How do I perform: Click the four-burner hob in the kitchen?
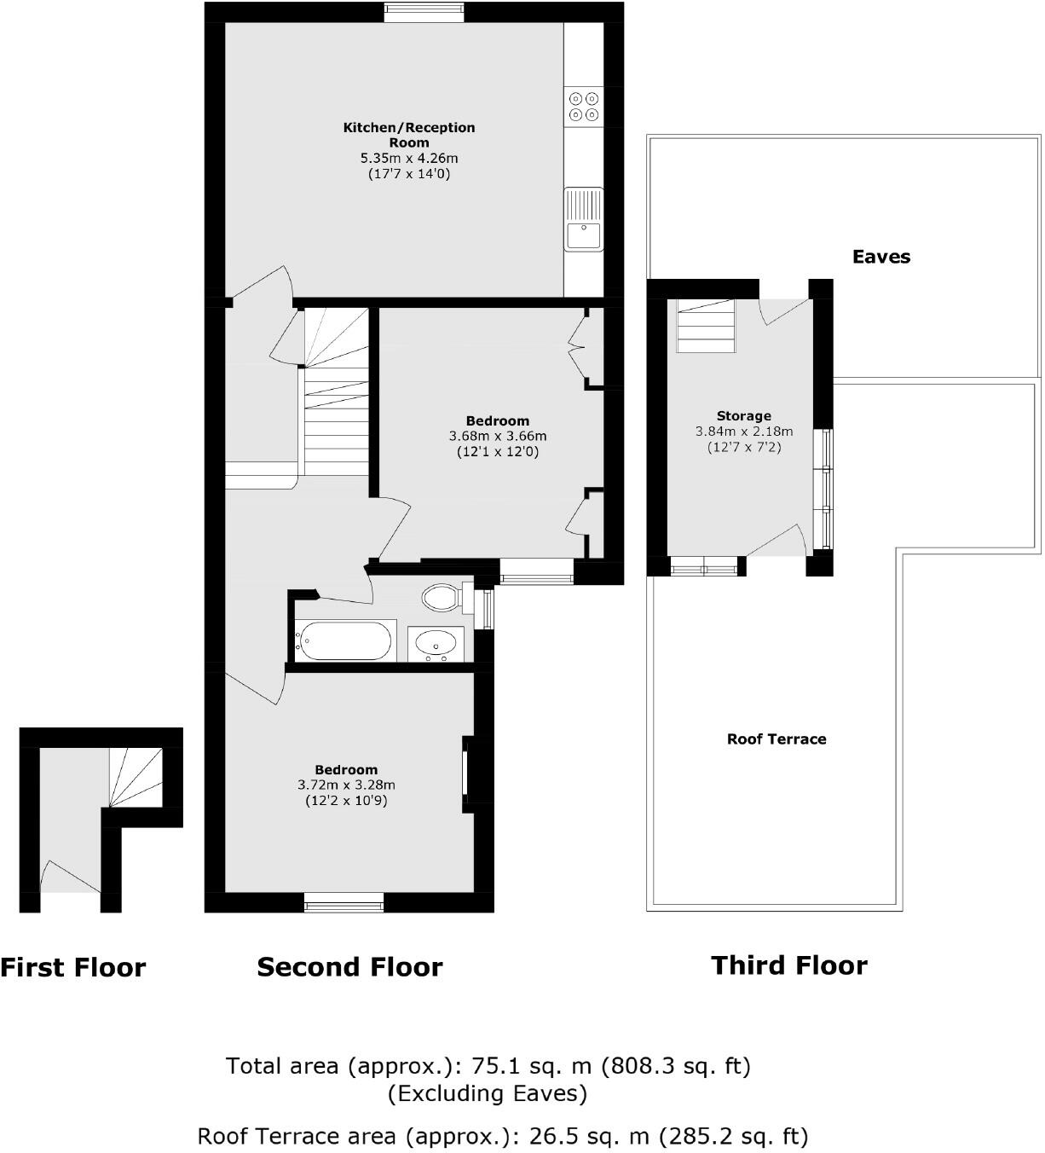tap(584, 106)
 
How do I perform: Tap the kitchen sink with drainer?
tap(583, 219)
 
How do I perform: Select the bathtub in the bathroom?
tap(344, 640)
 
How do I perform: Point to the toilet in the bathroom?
tap(443, 597)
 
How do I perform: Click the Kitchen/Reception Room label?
tap(409, 135)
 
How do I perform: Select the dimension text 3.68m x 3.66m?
tap(498, 436)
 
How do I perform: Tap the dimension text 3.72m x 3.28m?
tap(346, 785)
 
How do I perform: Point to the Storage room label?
tap(744, 416)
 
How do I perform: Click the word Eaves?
tap(881, 257)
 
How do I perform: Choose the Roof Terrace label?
tap(777, 739)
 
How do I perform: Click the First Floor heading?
tap(73, 967)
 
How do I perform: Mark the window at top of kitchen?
tap(424, 12)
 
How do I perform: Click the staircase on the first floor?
tap(135, 777)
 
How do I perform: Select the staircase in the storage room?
tap(706, 326)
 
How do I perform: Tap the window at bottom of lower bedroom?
tap(344, 902)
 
